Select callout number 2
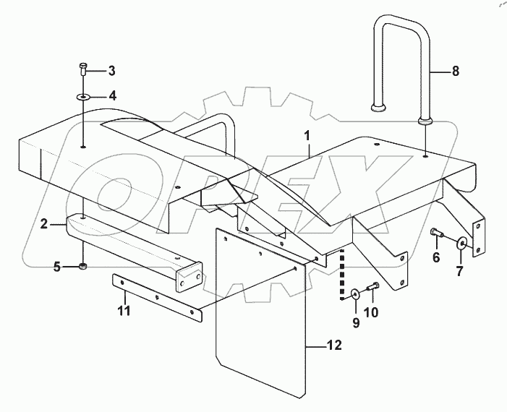coord(43,224)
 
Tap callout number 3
coord(111,70)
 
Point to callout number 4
coord(111,95)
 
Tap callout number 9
coord(356,322)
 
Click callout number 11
coord(124,312)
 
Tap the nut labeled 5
coord(83,267)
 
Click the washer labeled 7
coord(461,242)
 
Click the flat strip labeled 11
coord(155,297)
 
